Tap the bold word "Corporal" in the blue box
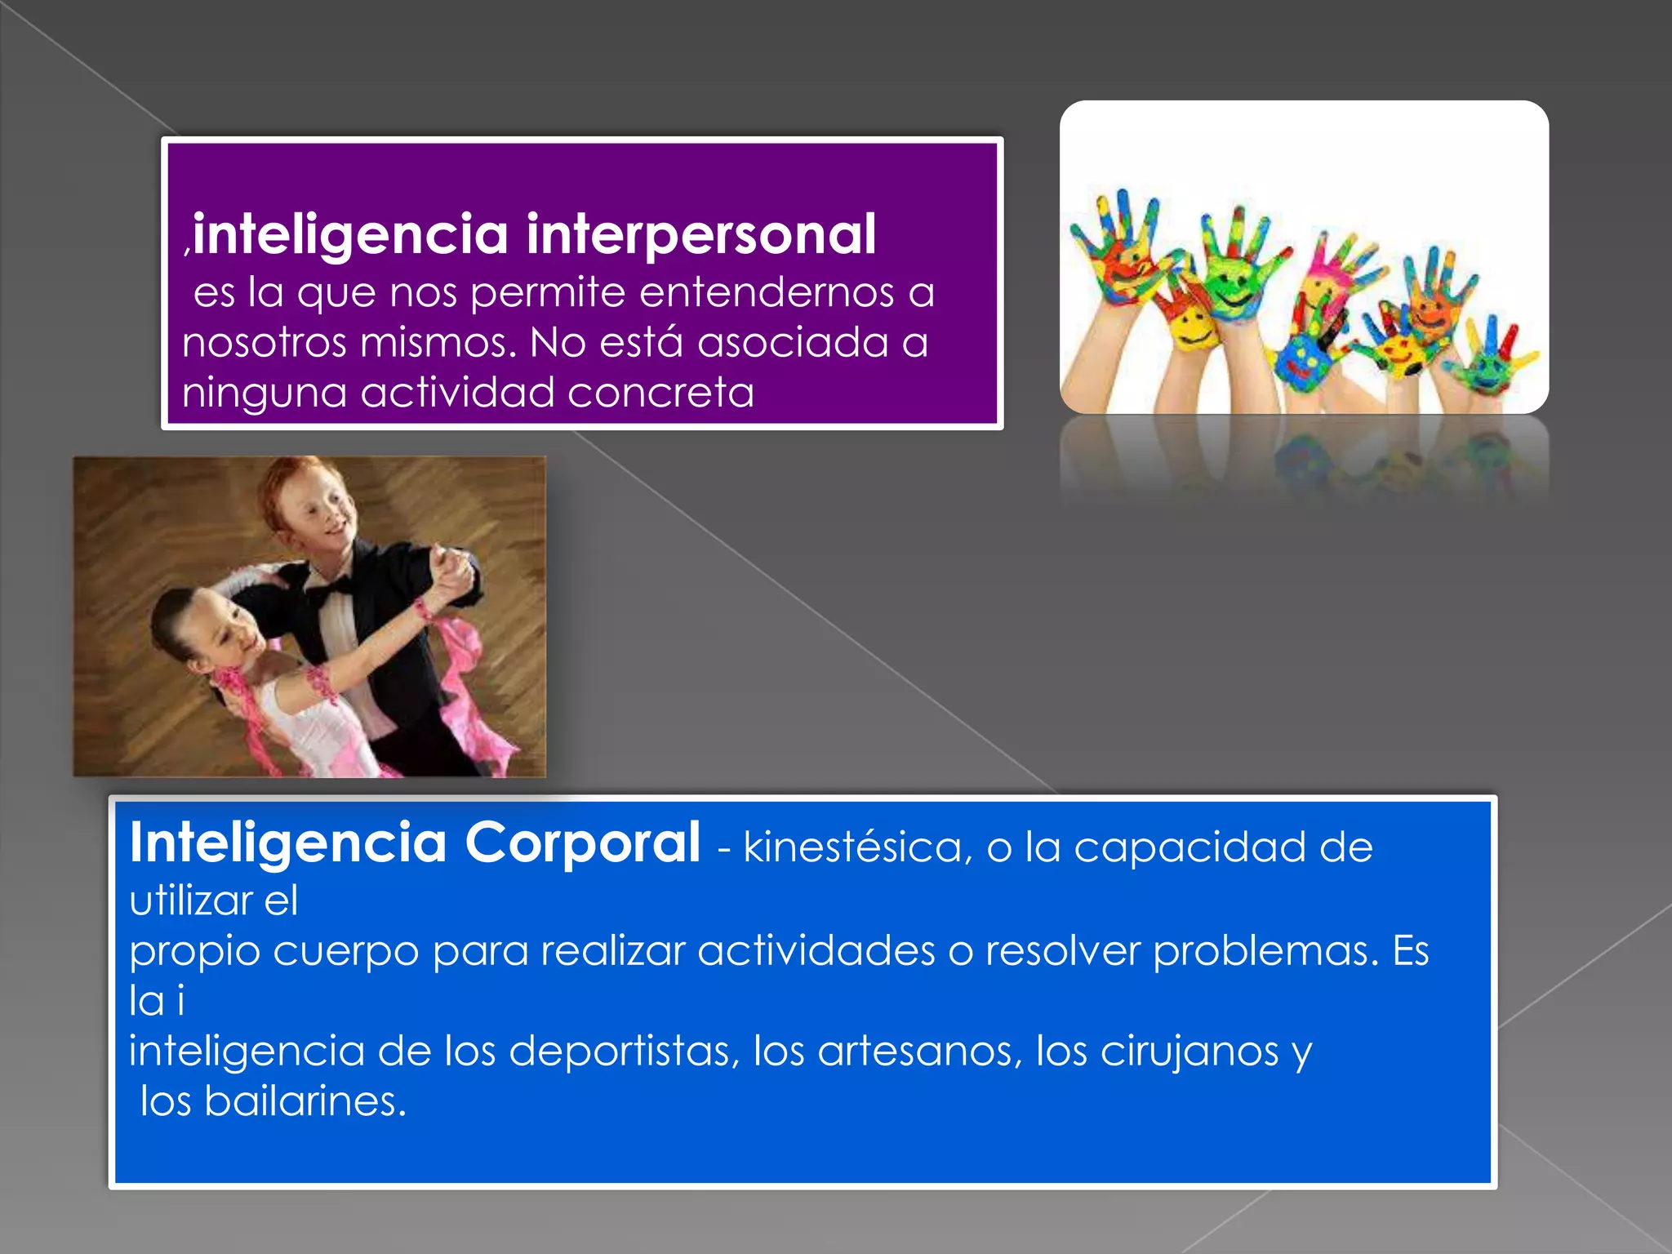pos(582,843)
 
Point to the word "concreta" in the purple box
pos(660,393)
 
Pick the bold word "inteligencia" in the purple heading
pos(351,235)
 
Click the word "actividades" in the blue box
pos(816,951)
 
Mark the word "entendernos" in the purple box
pos(767,292)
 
